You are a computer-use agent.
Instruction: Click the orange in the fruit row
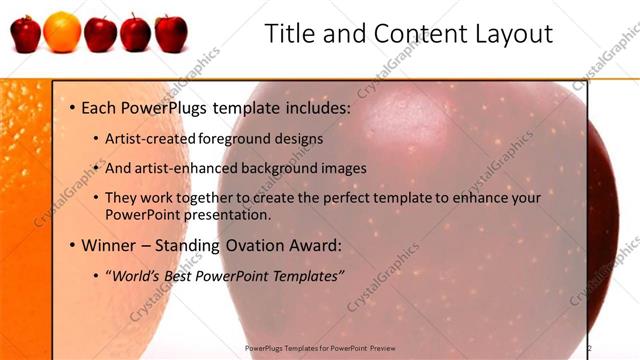tap(62, 31)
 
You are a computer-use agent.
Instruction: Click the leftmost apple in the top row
tap(26, 33)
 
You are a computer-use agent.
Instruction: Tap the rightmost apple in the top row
tap(171, 33)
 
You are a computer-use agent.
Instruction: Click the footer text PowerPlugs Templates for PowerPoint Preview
tap(321, 348)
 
